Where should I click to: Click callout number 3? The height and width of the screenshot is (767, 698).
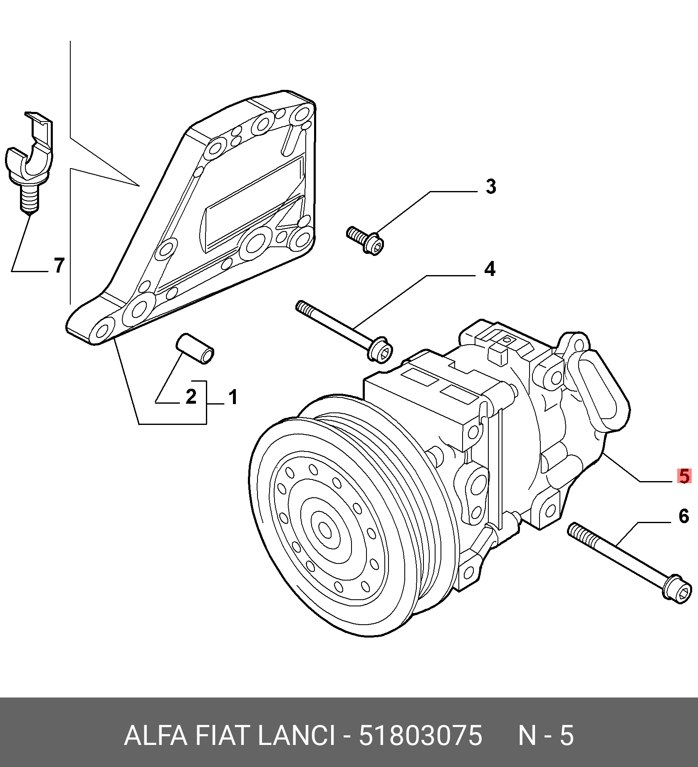point(491,186)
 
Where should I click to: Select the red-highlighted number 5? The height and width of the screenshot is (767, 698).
point(684,476)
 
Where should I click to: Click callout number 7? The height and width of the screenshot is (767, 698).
point(59,265)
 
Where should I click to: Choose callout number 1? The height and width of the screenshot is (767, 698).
point(233,397)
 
